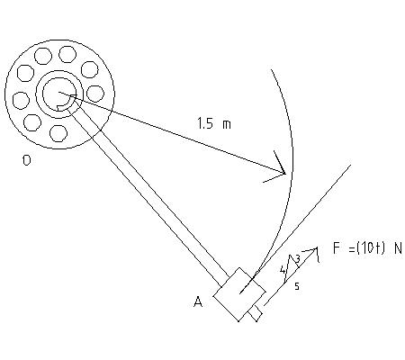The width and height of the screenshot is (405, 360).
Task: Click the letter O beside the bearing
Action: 27,163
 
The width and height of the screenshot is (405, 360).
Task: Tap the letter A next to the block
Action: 197,302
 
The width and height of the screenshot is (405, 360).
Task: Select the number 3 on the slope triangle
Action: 297,259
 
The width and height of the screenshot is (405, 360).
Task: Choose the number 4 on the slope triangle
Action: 283,269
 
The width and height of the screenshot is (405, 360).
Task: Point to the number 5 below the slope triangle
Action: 296,285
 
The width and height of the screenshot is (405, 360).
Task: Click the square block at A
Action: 238,292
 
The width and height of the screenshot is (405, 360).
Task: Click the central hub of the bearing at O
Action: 59,91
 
